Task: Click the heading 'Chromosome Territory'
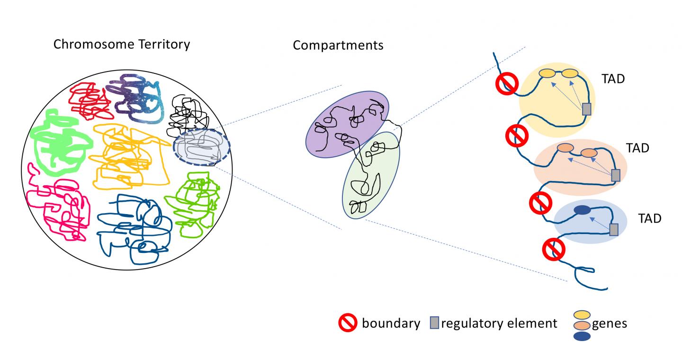(x=122, y=45)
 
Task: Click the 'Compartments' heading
(x=338, y=45)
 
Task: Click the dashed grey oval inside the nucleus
(x=201, y=147)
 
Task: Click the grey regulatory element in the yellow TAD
(x=586, y=109)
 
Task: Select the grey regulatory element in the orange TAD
(x=615, y=175)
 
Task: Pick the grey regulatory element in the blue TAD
(x=613, y=230)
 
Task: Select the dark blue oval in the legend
(x=582, y=336)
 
